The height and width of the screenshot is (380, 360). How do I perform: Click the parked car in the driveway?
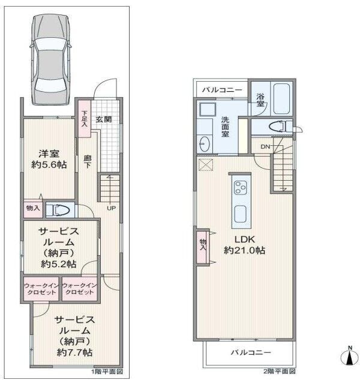point(50,59)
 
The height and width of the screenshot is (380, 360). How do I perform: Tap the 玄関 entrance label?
point(104,119)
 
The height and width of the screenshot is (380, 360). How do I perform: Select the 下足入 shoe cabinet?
point(84,118)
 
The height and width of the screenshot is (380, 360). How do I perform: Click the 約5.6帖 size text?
point(49,165)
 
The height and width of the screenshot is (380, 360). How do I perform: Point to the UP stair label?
point(111,208)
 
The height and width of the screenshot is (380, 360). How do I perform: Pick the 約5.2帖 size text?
point(58,264)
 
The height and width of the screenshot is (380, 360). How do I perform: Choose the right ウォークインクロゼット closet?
point(80,289)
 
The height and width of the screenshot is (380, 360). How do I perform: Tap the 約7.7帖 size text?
point(74,352)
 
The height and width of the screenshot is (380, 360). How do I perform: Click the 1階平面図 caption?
point(107,372)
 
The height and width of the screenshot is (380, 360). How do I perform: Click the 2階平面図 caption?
point(280,371)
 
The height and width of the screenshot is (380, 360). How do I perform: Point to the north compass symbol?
point(350,356)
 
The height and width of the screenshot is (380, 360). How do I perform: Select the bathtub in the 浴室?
point(282,98)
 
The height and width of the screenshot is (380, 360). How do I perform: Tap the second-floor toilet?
point(281,127)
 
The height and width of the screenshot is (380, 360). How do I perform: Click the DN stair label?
point(265,146)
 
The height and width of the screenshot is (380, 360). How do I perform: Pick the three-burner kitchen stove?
point(241,187)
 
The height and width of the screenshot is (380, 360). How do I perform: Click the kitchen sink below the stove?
point(241,214)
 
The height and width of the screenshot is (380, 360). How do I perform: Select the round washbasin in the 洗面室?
point(205,143)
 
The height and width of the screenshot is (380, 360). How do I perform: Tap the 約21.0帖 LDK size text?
point(244,250)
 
